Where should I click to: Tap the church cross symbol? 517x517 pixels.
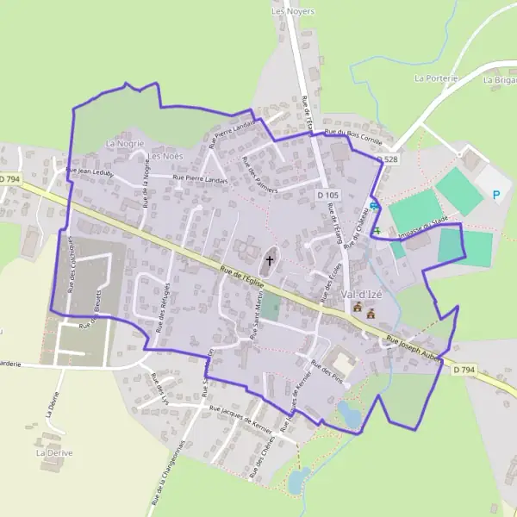(270, 259)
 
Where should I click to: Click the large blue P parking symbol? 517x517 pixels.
(495, 195)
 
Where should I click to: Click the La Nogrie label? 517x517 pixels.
(124, 143)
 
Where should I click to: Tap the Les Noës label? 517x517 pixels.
(165, 156)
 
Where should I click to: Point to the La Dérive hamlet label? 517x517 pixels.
(50, 451)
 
